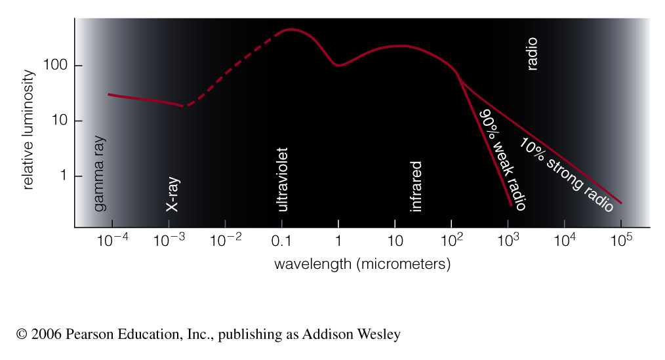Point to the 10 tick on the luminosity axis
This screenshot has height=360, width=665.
[57, 121]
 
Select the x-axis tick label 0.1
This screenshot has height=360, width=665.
[281, 241]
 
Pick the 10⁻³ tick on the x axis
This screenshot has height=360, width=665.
[169, 240]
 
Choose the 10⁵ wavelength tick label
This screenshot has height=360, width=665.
[620, 240]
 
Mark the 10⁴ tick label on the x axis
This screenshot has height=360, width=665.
[564, 240]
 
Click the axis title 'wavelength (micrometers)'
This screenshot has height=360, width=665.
[362, 264]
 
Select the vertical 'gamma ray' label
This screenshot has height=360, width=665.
[100, 174]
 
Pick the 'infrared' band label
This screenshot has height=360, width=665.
[416, 187]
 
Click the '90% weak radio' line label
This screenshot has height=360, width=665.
[503, 159]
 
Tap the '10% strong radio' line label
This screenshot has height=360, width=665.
[565, 175]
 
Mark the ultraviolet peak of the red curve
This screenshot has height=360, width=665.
[290, 30]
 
